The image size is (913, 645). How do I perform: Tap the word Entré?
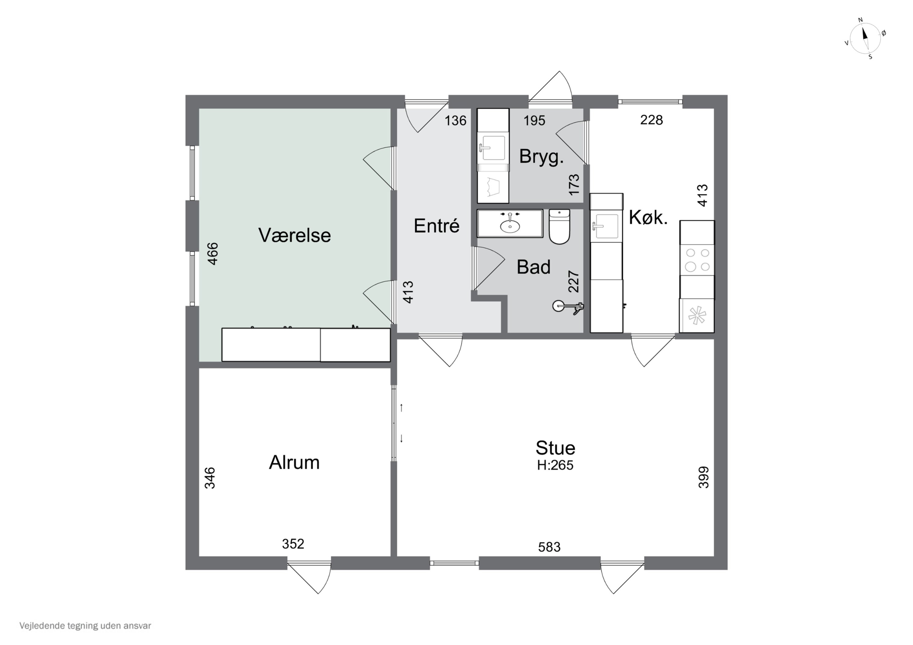coord(437,226)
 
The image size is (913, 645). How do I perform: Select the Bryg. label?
coord(541,157)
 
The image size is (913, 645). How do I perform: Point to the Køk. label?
coord(648,218)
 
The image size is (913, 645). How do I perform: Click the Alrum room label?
coord(294,462)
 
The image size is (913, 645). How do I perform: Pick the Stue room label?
coord(555,448)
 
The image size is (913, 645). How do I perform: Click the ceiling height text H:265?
coord(555,465)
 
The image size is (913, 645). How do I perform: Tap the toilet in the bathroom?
coord(559,227)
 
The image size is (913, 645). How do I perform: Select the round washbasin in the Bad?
coord(510,226)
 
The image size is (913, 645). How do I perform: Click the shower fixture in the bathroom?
coord(568,307)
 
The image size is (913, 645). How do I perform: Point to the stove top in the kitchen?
coord(698,260)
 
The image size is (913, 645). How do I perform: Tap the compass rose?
coord(865,39)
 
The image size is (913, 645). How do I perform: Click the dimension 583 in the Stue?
coord(549,547)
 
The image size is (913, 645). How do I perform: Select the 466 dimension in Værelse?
coord(213,254)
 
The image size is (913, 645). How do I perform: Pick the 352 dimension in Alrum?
coord(293,544)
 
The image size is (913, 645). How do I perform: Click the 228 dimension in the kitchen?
coord(651,120)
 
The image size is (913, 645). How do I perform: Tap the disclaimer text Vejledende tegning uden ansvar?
coord(85,626)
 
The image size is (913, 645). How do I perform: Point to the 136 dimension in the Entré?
coord(455,120)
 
